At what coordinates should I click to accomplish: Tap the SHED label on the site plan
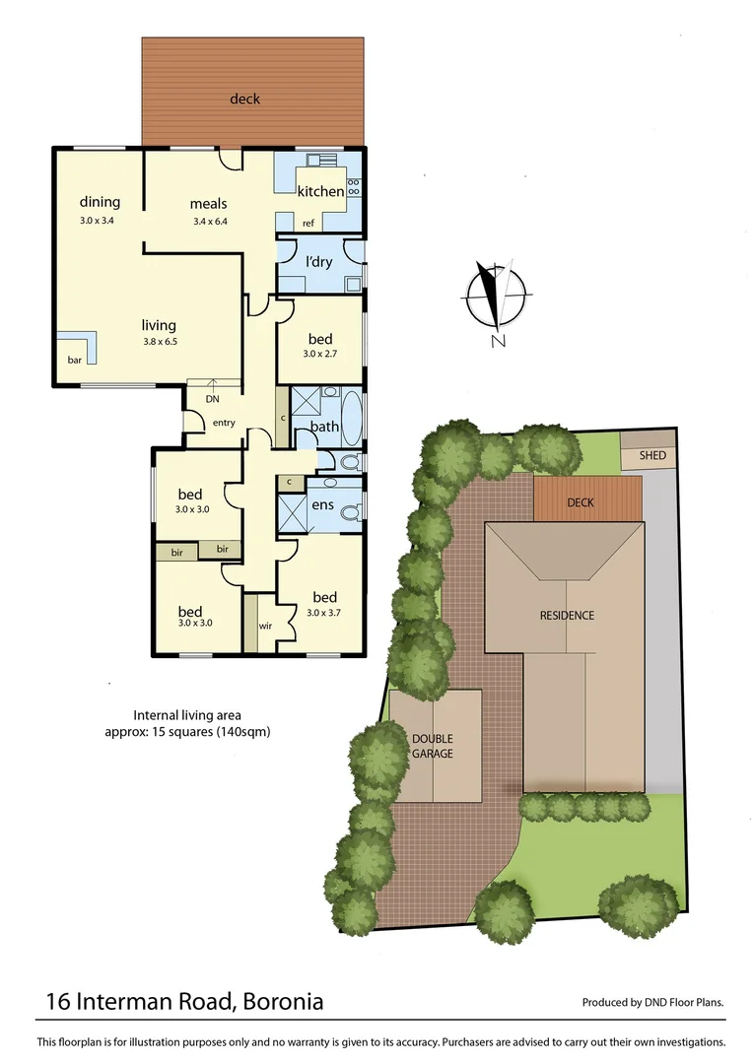652,456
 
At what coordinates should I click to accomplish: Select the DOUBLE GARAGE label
433,746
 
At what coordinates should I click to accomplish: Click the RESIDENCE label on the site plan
567,616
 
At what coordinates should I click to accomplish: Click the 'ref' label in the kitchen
308,224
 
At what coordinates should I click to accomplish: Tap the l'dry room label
319,262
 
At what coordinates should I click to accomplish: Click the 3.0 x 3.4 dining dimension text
98,221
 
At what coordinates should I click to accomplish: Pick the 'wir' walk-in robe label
265,626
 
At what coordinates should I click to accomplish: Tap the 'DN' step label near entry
212,399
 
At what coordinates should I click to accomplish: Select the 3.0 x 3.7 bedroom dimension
324,613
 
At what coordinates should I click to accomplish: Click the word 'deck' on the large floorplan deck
244,99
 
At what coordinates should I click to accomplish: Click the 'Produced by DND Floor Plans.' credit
652,1003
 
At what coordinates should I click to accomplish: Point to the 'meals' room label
209,205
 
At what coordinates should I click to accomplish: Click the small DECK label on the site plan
581,502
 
